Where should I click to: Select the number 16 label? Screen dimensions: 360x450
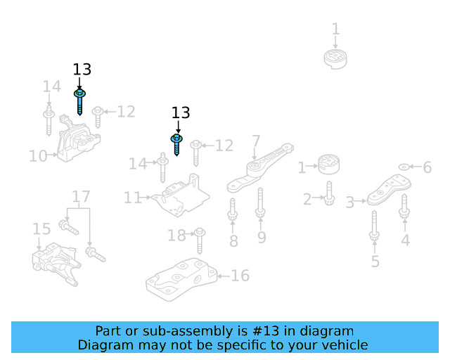click(x=240, y=275)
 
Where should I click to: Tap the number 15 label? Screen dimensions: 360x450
click(x=41, y=229)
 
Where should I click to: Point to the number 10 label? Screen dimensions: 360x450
click(x=38, y=155)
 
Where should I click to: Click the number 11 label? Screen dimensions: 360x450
click(x=133, y=198)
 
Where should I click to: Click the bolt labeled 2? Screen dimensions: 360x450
click(x=329, y=195)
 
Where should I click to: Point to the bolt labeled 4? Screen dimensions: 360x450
click(x=404, y=205)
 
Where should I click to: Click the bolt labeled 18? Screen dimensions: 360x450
click(x=200, y=239)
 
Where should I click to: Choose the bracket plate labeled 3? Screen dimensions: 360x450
click(x=384, y=189)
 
